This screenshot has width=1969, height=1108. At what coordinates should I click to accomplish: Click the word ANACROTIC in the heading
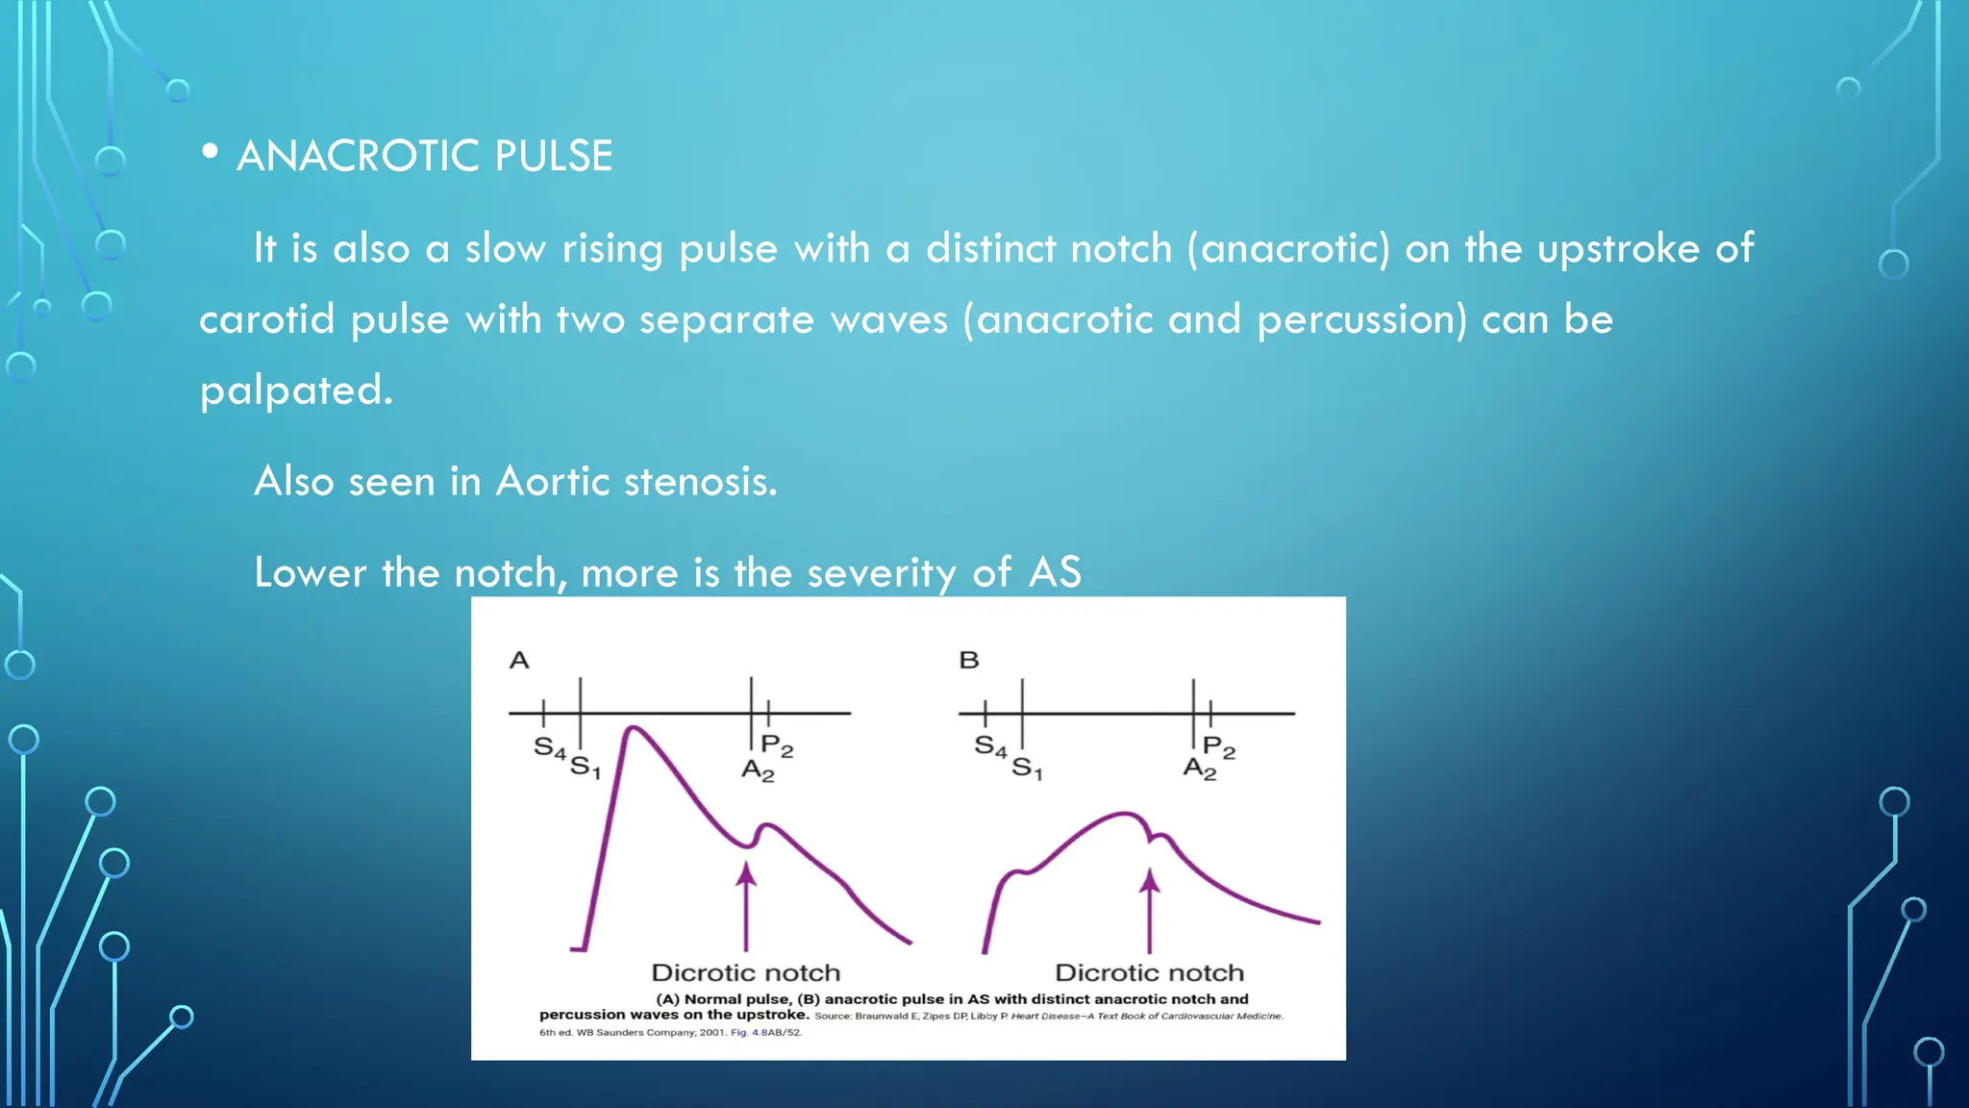pyautogui.click(x=357, y=156)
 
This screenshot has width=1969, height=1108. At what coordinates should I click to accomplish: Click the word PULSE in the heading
pyautogui.click(x=553, y=156)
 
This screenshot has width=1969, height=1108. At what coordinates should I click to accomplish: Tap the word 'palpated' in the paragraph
pyautogui.click(x=294, y=390)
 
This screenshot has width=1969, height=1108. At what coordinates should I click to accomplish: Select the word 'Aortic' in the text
pyautogui.click(x=552, y=481)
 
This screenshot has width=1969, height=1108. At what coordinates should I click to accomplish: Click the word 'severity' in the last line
pyautogui.click(x=882, y=573)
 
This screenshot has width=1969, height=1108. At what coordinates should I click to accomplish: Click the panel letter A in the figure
pyautogui.click(x=519, y=661)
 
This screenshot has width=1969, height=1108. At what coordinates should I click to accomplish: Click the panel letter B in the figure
pyautogui.click(x=969, y=661)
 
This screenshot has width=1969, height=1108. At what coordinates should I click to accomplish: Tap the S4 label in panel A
pyautogui.click(x=549, y=747)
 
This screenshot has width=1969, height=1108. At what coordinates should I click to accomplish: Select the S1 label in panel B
pyautogui.click(x=1026, y=768)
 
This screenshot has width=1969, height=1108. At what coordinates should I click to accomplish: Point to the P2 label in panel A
pyautogui.click(x=777, y=745)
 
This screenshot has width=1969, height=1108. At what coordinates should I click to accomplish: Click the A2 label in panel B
pyautogui.click(x=1199, y=768)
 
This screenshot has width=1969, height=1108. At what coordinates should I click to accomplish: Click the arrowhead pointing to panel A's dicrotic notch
pyautogui.click(x=746, y=873)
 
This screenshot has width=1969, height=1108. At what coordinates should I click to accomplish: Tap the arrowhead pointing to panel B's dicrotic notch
pyautogui.click(x=1150, y=880)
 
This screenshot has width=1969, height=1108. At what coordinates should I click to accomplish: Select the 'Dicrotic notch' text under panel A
pyautogui.click(x=746, y=972)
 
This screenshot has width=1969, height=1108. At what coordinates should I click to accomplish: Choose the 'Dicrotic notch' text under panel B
pyautogui.click(x=1150, y=972)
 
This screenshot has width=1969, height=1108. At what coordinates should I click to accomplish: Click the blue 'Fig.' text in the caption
pyautogui.click(x=738, y=1033)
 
